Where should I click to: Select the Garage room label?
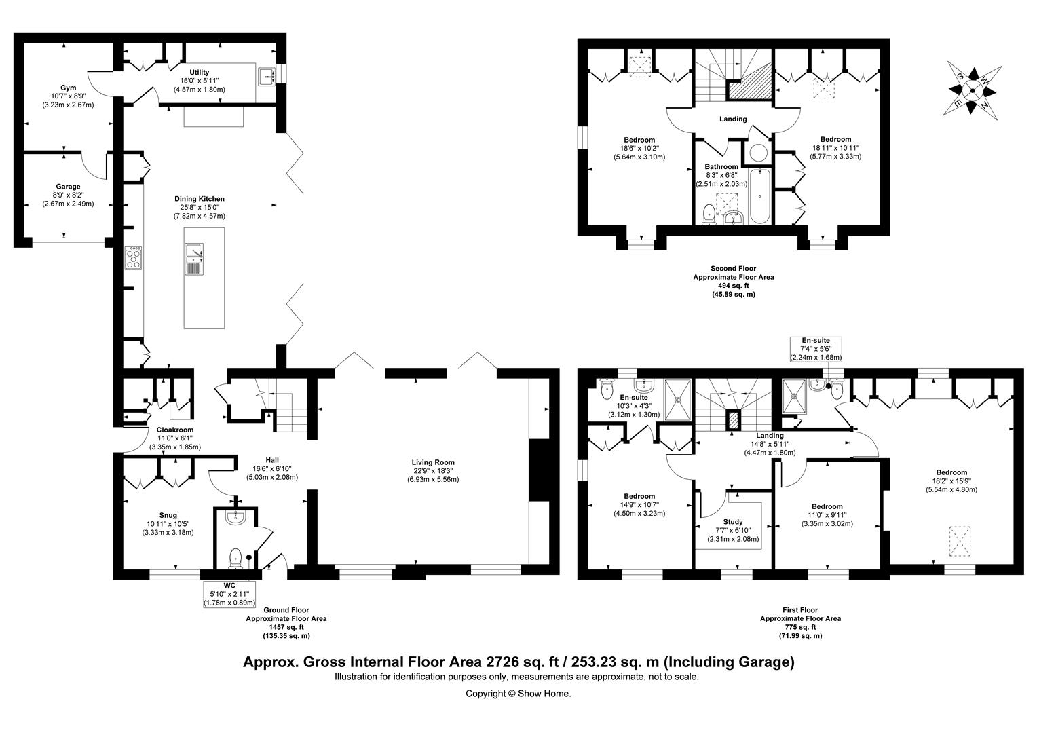[68, 195]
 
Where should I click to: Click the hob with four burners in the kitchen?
[134, 259]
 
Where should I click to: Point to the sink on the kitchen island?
[194, 259]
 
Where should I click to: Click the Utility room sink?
[266, 75]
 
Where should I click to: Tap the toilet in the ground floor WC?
[235, 558]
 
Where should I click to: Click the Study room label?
[733, 531]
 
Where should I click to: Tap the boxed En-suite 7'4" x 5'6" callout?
[816, 349]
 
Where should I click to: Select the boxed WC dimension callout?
[229, 593]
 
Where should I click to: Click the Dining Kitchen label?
[199, 207]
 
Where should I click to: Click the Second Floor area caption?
[733, 282]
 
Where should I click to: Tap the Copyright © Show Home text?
[518, 694]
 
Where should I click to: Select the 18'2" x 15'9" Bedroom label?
[951, 481]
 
